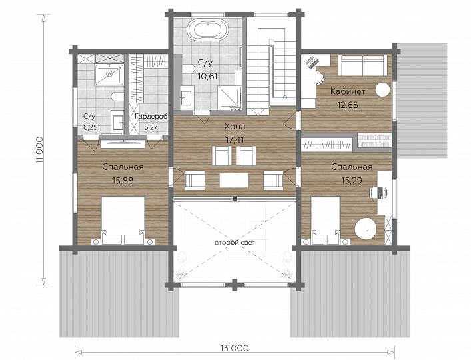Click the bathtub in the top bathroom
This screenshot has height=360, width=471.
(208, 29)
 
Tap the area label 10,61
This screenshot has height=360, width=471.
(207, 76)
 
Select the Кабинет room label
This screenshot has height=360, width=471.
(348, 91)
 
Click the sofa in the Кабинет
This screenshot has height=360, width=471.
(363, 65)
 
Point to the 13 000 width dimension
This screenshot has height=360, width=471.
(235, 348)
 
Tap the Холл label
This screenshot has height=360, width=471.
(235, 127)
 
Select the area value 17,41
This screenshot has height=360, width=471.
(235, 140)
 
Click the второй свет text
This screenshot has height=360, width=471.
(235, 243)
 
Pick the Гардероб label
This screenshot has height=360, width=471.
(151, 117)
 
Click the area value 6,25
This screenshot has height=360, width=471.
(90, 127)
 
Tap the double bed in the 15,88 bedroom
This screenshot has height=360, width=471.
(123, 221)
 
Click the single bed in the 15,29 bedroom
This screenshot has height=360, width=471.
(326, 221)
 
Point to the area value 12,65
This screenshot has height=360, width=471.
(348, 105)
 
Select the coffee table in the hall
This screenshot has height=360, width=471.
(234, 180)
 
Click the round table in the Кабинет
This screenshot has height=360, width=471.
(383, 89)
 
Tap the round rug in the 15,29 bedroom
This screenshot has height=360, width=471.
(366, 229)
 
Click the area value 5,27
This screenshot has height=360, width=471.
(151, 127)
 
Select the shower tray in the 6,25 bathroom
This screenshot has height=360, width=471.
(109, 74)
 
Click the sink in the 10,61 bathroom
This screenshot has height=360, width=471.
(187, 96)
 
